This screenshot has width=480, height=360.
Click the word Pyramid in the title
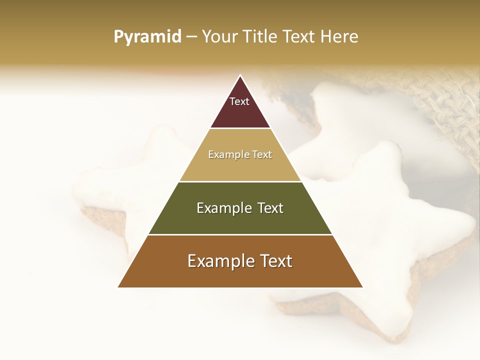[x=147, y=37]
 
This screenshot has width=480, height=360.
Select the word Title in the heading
[x=260, y=36]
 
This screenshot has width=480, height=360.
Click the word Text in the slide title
[x=298, y=36]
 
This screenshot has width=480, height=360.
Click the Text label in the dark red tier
[x=239, y=101]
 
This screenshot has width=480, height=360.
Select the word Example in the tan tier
[x=227, y=154]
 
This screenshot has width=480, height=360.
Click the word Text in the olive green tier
[x=270, y=208]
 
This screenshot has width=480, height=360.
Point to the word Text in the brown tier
[x=275, y=261]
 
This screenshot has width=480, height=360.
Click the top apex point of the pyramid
[x=240, y=75]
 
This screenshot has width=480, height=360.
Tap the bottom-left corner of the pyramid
[x=118, y=287]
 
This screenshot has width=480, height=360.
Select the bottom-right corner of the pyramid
[x=362, y=287]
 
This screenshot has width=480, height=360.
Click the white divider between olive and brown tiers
[x=240, y=234]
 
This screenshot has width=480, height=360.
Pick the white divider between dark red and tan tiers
[x=240, y=128]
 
